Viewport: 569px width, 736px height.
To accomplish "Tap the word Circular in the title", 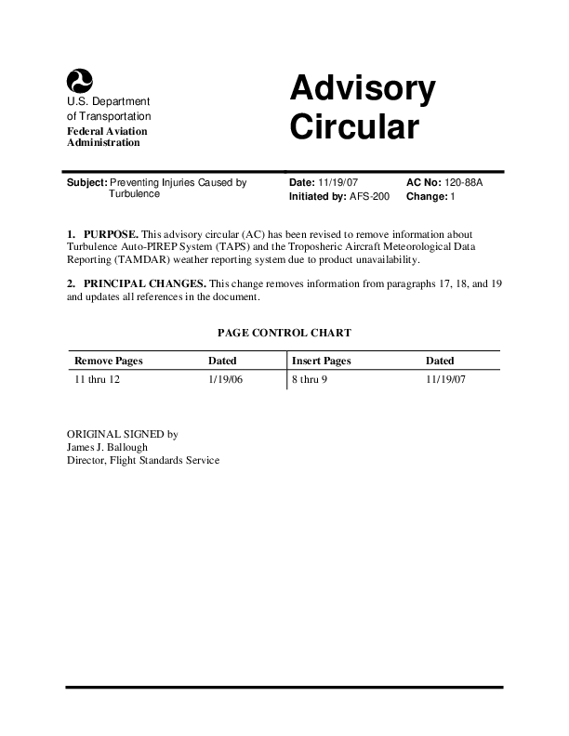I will click(354, 126).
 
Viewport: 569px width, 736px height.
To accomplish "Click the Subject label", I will click(86, 183).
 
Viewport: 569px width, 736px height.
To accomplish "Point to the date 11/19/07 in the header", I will click(337, 183).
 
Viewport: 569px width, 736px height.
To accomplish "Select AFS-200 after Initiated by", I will click(370, 197).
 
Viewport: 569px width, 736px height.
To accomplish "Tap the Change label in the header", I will click(427, 197).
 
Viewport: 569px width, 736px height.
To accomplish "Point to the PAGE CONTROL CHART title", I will click(284, 332).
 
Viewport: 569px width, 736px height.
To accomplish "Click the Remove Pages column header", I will click(109, 361).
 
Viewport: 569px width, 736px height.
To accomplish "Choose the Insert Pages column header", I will click(321, 361).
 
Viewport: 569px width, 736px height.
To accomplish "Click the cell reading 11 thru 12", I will click(98, 380).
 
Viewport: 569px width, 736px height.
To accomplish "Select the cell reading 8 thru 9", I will click(310, 380).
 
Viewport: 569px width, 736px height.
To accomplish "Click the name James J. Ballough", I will click(108, 447).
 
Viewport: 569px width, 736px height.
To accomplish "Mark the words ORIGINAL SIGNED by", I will click(123, 434).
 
